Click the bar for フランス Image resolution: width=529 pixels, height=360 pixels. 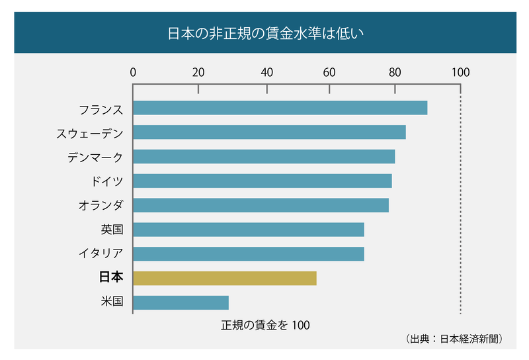(280, 108)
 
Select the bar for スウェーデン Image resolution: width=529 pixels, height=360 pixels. (270, 132)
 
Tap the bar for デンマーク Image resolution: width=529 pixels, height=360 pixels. (264, 157)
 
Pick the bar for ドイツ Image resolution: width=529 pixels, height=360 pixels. (263, 181)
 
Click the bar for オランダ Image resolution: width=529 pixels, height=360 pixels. (261, 205)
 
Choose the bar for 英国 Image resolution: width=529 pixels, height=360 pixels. (249, 230)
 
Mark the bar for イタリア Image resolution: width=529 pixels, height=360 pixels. (249, 253)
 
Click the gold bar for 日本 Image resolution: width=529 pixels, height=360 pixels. (225, 278)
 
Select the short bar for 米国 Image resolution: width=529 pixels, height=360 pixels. (181, 302)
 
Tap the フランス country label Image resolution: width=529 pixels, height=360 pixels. (101, 108)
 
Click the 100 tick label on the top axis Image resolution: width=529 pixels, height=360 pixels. (460, 72)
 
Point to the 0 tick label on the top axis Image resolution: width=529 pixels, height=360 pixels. (134, 72)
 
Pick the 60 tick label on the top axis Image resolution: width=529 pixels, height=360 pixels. (329, 72)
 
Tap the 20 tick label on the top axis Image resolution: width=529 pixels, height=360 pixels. (198, 72)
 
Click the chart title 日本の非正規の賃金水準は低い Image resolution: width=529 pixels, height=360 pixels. (264, 32)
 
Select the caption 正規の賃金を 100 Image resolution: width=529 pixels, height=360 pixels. (265, 325)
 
